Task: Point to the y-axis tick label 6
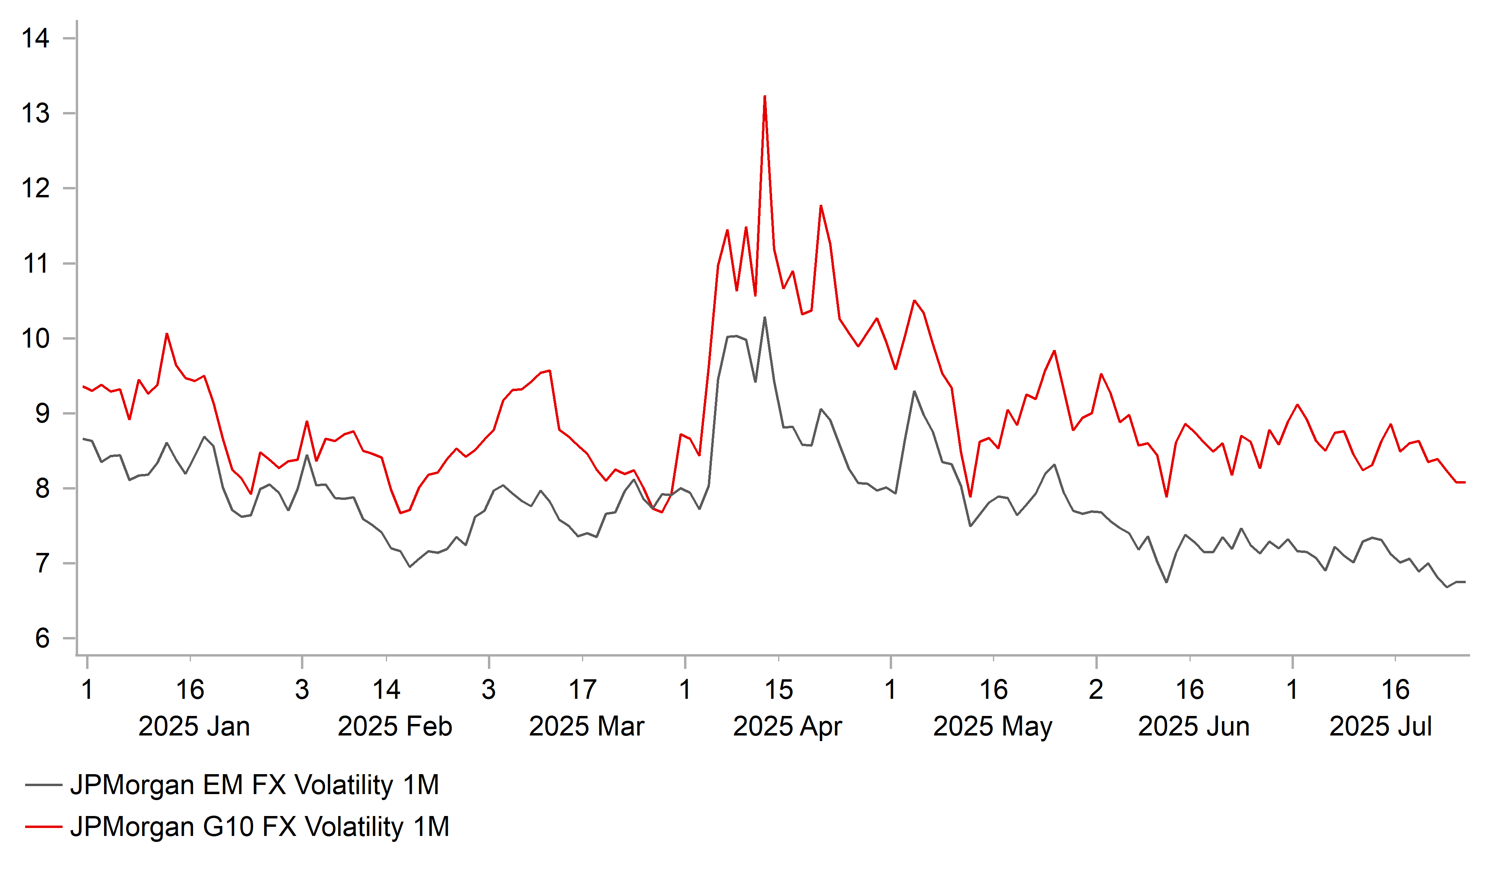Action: [42, 639]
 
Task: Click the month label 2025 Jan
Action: [194, 727]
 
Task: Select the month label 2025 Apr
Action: [787, 727]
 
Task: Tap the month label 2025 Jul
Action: [1380, 727]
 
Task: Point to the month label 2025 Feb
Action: [395, 727]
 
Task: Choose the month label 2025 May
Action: [993, 727]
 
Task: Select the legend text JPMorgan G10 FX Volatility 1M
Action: [259, 827]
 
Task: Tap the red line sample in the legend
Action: [43, 827]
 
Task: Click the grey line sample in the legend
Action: [43, 785]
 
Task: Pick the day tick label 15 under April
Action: [779, 690]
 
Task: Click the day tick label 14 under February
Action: [386, 690]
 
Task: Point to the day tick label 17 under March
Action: [582, 690]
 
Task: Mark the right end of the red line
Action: [1465, 482]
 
